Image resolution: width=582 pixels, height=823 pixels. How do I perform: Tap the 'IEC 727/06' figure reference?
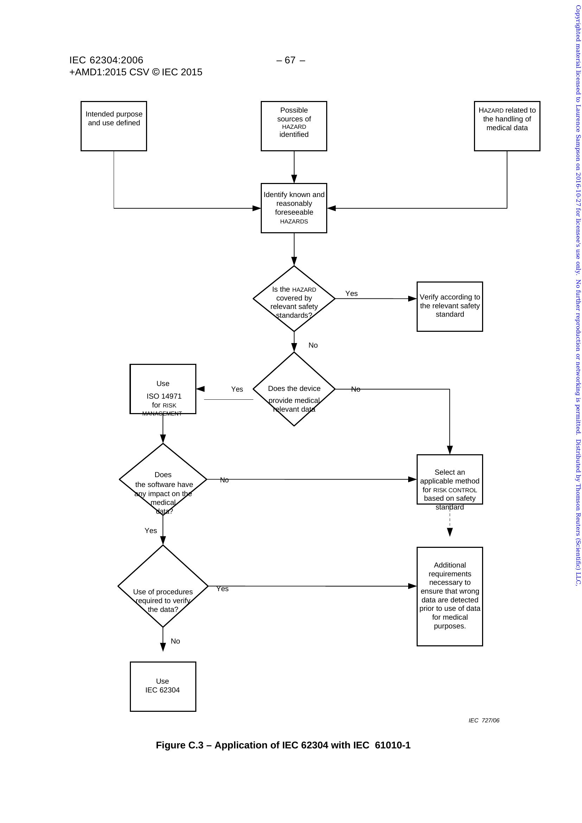tap(484, 720)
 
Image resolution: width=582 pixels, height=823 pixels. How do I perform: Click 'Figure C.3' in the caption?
tap(179, 745)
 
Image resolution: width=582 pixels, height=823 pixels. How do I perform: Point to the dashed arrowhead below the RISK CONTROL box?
tap(450, 532)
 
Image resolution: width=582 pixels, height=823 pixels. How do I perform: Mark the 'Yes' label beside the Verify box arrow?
tap(351, 293)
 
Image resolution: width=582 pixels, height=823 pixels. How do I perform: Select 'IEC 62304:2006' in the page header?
tap(106, 60)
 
